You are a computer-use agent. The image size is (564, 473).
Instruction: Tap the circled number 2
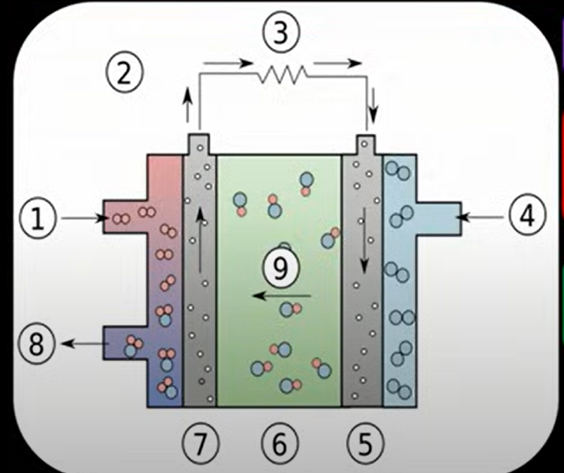[124, 73]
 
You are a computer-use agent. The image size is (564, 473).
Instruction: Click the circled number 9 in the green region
[280, 269]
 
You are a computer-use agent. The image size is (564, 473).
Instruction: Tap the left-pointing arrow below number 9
[280, 297]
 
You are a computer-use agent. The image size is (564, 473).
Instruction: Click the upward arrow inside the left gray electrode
[201, 236]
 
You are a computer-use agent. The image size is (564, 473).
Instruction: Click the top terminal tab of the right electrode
[366, 145]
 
